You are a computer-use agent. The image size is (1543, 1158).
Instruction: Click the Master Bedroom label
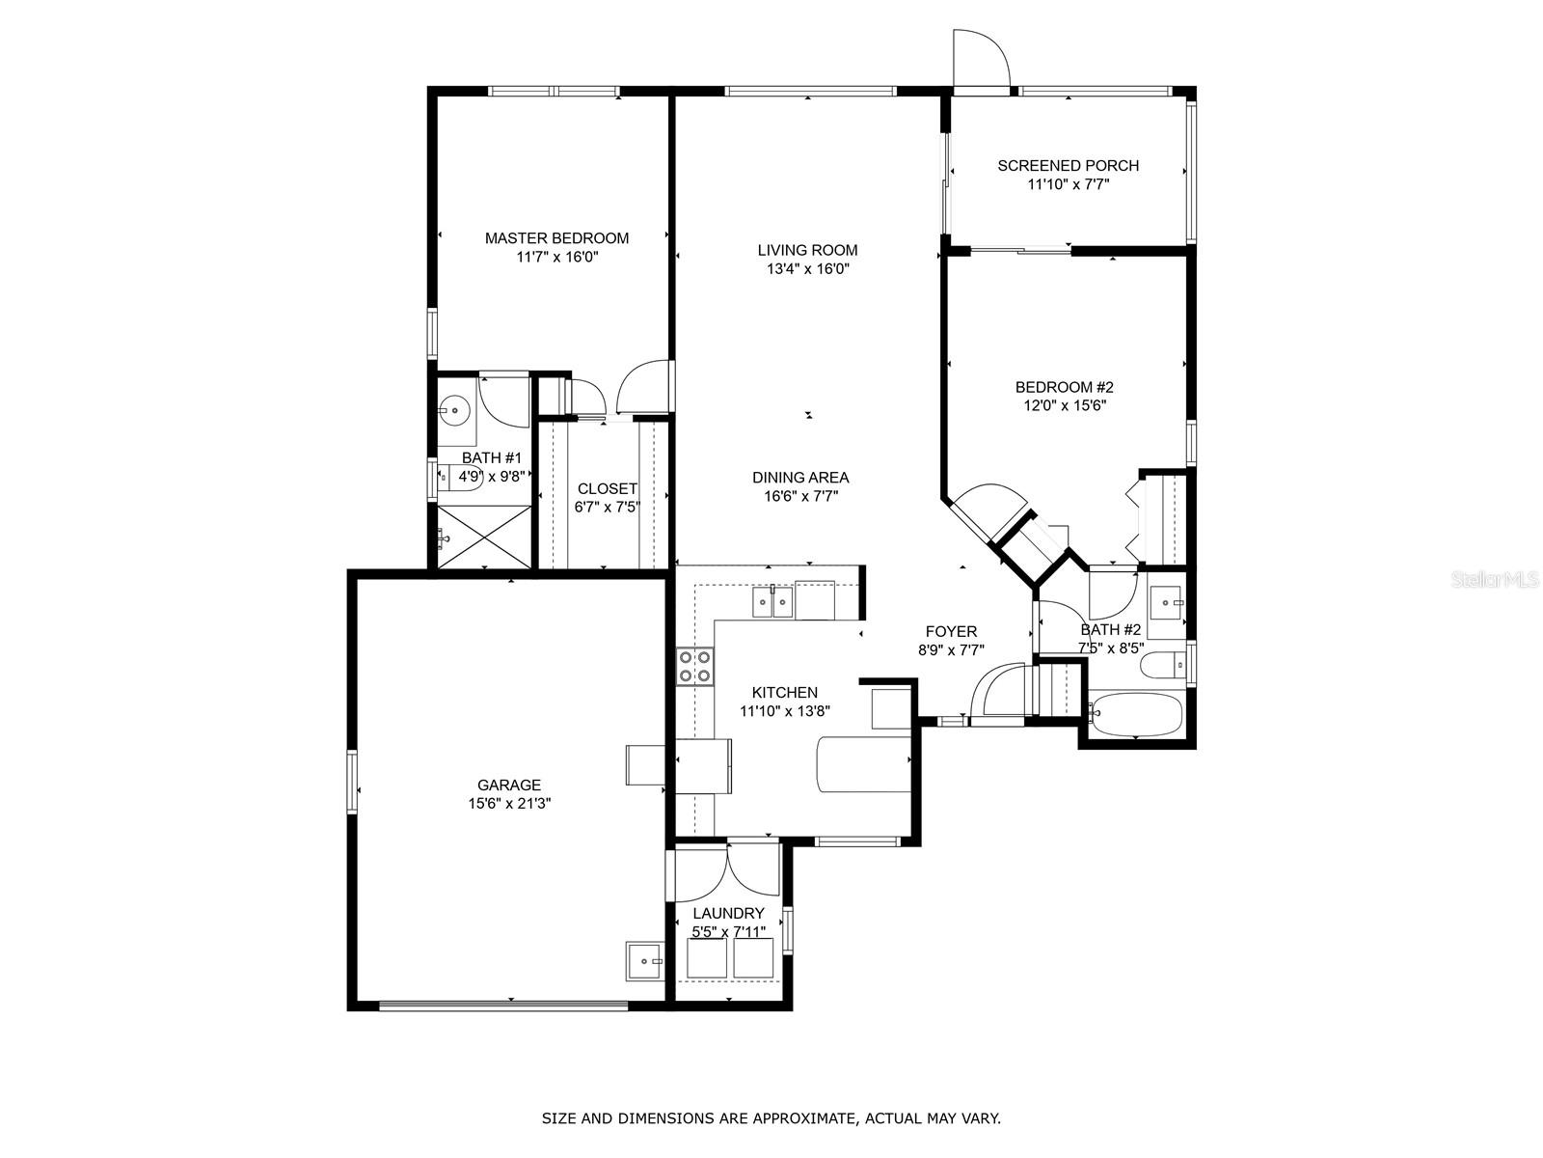[x=556, y=238]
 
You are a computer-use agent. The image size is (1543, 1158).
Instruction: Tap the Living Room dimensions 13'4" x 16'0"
[x=808, y=268]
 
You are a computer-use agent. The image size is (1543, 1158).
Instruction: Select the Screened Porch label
[x=1068, y=166]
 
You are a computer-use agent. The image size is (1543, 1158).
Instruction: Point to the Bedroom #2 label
[x=1065, y=387]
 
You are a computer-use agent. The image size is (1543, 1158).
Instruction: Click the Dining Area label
[x=800, y=478]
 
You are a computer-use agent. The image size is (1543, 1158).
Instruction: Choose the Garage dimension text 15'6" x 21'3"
[x=509, y=804]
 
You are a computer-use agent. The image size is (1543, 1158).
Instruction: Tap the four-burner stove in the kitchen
[x=694, y=667]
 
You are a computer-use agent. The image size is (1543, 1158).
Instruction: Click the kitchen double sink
[x=772, y=602]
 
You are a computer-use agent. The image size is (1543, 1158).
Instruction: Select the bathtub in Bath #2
[x=1135, y=714]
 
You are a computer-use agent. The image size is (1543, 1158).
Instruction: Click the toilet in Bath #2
[x=1163, y=665]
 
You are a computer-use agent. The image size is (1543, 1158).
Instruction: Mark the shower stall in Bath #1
[x=484, y=538]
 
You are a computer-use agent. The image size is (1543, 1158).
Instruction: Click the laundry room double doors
[x=727, y=870]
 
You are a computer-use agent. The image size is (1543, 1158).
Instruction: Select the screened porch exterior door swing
[x=982, y=59]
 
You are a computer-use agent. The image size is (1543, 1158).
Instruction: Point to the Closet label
[x=608, y=488]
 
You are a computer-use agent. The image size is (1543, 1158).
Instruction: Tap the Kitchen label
[x=784, y=693]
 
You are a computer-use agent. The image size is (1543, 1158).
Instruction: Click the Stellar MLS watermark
[x=1495, y=580]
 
